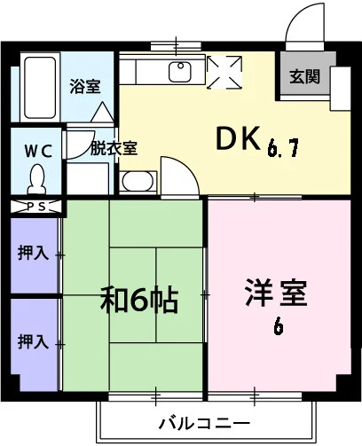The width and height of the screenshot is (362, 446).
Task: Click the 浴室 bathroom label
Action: tap(85, 87)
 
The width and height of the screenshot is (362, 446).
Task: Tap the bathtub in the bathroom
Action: tap(40, 88)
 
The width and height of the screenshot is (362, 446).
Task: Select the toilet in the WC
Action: tap(37, 179)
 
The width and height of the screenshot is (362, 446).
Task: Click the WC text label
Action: tap(38, 151)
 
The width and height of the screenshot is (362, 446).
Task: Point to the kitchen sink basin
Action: tap(180, 72)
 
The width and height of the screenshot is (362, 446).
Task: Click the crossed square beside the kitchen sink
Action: tap(224, 72)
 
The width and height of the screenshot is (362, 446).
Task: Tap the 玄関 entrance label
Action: tap(305, 76)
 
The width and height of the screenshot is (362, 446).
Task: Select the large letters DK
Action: tap(239, 138)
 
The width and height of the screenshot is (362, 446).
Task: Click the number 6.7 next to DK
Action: tap(283, 147)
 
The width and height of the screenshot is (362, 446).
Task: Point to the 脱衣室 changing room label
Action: tap(114, 148)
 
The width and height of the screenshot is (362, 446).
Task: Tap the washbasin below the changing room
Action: tap(138, 181)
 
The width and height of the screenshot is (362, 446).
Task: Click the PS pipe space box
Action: tap(36, 207)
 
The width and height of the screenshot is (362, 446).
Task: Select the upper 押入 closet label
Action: tap(33, 253)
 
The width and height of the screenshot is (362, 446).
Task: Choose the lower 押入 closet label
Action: tap(33, 341)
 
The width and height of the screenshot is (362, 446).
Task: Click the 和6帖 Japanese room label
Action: tap(139, 300)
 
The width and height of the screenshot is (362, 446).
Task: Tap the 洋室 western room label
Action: tap(277, 293)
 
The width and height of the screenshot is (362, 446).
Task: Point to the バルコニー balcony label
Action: tap(205, 423)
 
